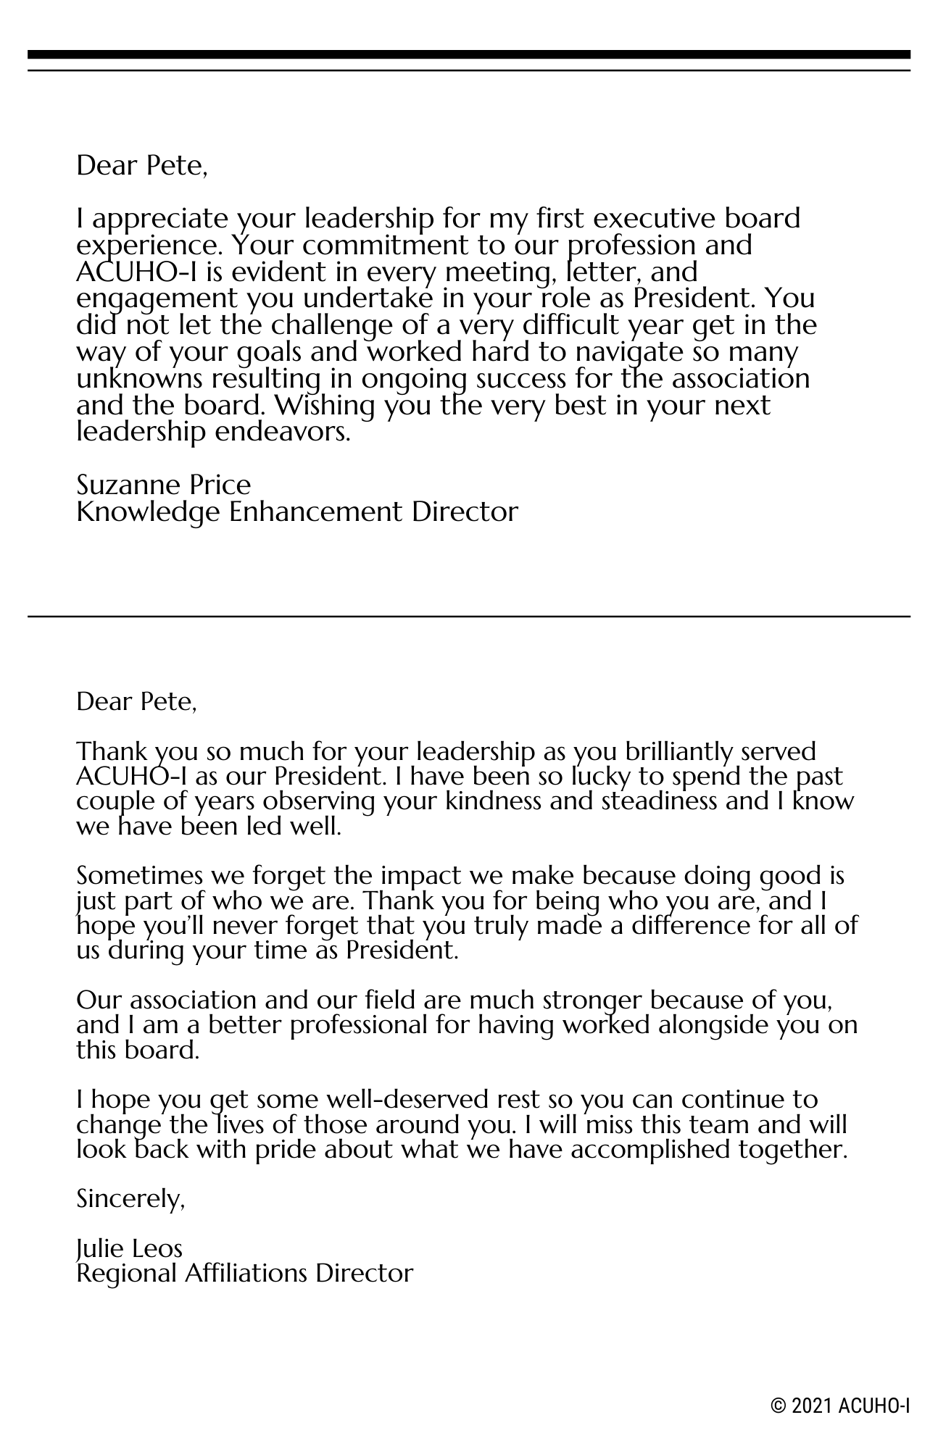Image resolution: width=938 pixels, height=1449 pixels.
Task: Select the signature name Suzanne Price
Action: click(x=163, y=484)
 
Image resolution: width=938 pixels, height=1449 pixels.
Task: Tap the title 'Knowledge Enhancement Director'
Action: click(x=297, y=511)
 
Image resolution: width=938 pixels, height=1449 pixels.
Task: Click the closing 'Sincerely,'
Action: click(x=130, y=1200)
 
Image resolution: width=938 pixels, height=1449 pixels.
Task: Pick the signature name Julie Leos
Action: click(x=129, y=1248)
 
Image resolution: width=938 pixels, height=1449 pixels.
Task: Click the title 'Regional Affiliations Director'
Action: click(x=244, y=1273)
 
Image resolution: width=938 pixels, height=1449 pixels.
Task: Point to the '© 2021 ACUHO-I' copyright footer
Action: click(x=840, y=1406)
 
